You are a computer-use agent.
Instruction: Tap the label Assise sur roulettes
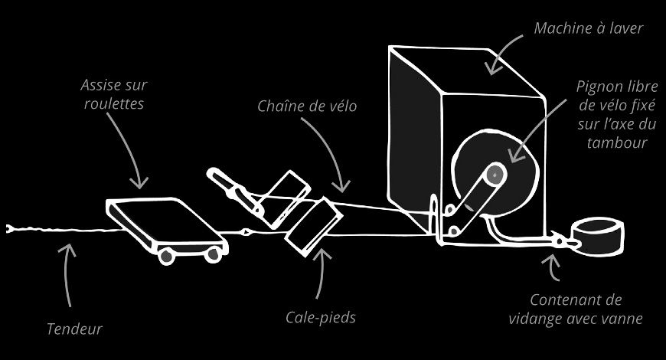point(113,93)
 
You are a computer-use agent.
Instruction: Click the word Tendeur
point(74,329)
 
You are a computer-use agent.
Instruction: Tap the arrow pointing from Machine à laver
point(506,54)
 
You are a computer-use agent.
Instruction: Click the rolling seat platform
point(164,221)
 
